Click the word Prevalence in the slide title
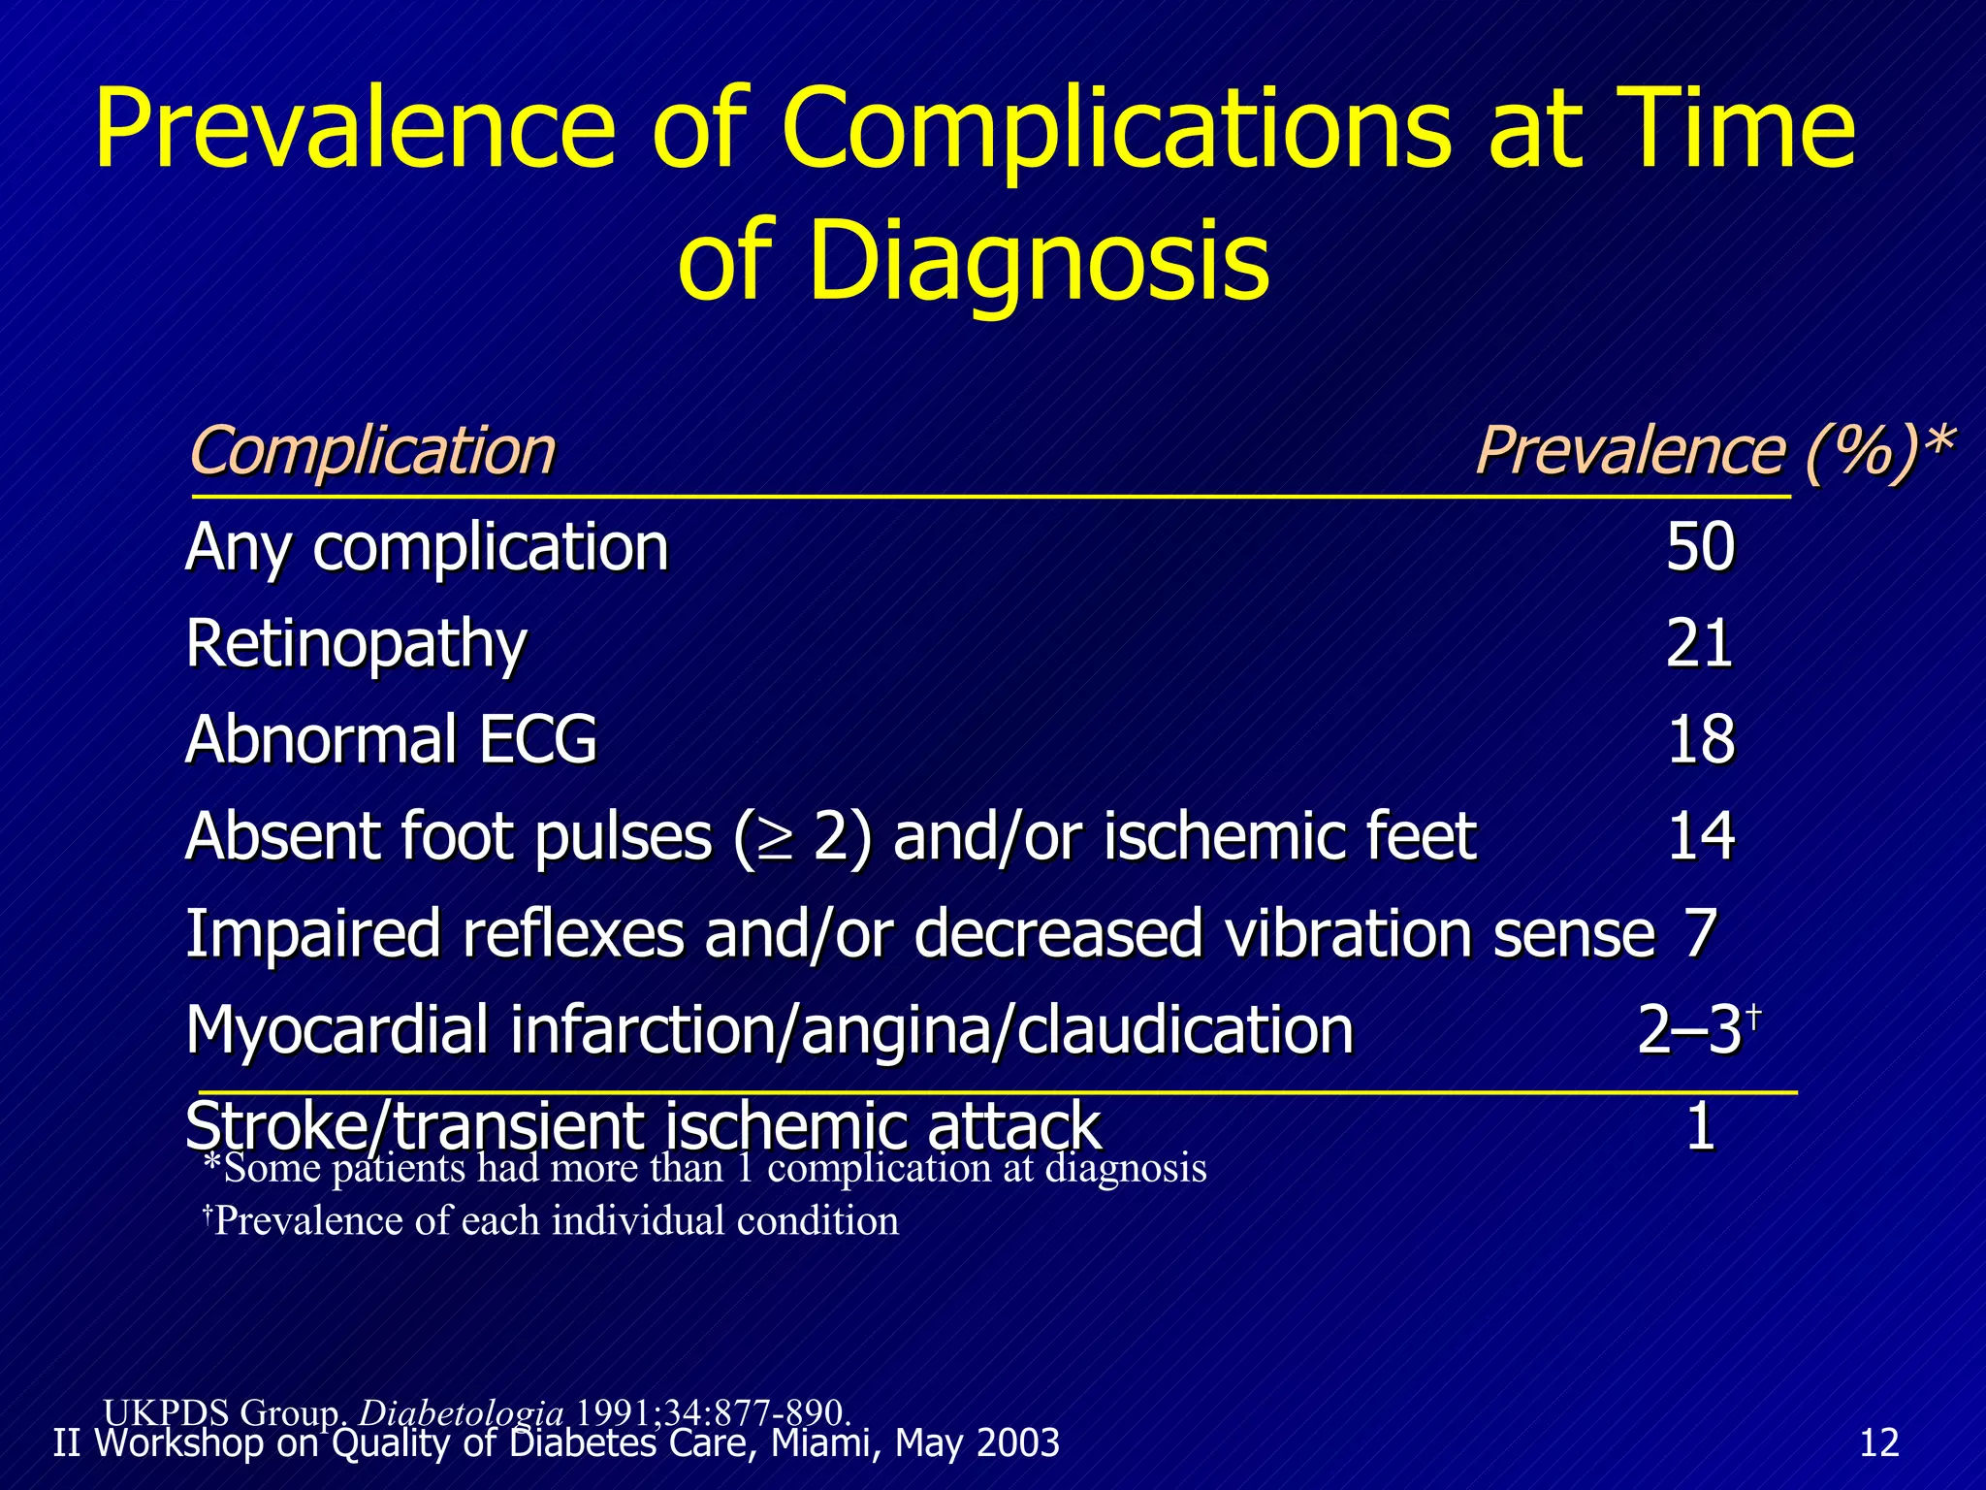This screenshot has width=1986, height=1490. click(x=355, y=129)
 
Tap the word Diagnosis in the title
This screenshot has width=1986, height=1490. click(x=1039, y=260)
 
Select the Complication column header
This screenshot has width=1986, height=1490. click(x=372, y=451)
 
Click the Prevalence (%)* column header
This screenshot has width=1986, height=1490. click(x=1713, y=451)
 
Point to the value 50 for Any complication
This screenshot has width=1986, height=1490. click(x=1700, y=547)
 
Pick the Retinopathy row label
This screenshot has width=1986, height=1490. click(x=356, y=644)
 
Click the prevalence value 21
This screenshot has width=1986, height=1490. click(x=1700, y=643)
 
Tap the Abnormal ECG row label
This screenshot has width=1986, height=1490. click(x=391, y=739)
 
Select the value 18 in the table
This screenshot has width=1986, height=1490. click(x=1701, y=739)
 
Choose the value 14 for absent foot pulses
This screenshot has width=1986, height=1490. click(x=1701, y=835)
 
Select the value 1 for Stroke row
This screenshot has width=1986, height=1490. click(x=1701, y=1126)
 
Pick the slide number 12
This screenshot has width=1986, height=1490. click(x=1879, y=1443)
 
